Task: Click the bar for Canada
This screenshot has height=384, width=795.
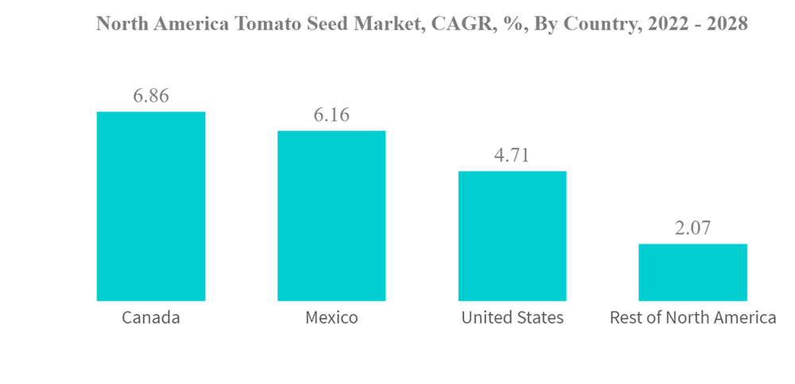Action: pyautogui.click(x=151, y=207)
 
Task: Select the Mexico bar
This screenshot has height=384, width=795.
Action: pyautogui.click(x=332, y=216)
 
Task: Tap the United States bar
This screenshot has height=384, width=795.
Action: pyautogui.click(x=512, y=236)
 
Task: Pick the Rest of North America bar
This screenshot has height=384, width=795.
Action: pyautogui.click(x=692, y=273)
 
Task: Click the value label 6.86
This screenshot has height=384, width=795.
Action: pyautogui.click(x=151, y=96)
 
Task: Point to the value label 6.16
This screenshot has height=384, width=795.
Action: pyautogui.click(x=332, y=115)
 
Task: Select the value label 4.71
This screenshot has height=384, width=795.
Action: pyautogui.click(x=512, y=156)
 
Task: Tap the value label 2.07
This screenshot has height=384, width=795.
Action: pyautogui.click(x=692, y=229)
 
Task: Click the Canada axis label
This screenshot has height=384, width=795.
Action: pyautogui.click(x=151, y=318)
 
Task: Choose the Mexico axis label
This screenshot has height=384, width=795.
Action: pyautogui.click(x=332, y=318)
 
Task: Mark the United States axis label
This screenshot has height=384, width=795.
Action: pyautogui.click(x=512, y=318)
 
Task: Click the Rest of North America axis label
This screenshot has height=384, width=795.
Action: pyautogui.click(x=692, y=318)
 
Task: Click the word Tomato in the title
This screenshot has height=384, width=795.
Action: pyautogui.click(x=268, y=24)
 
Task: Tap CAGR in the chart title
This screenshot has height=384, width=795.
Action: pyautogui.click(x=449, y=24)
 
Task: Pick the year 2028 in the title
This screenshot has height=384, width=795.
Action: pyautogui.click(x=726, y=24)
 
